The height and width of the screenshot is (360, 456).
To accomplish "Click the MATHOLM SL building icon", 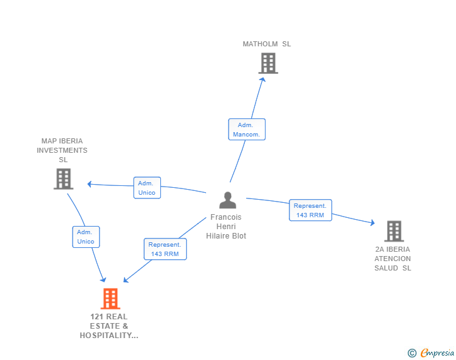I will pos(268,63).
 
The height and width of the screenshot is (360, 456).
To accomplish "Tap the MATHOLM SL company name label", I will pos(267,44).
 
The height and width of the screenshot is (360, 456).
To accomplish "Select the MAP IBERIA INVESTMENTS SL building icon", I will pos(63,179).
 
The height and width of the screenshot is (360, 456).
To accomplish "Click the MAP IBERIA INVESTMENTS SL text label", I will pos(62,150).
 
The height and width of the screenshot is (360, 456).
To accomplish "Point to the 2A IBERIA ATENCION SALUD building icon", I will pos(393,231).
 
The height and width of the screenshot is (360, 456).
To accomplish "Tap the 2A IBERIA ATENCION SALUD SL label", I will pos(393,259).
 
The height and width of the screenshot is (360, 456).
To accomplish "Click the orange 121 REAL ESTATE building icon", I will pos(110,299).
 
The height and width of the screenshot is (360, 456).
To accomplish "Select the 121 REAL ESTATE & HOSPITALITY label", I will pos(109,326).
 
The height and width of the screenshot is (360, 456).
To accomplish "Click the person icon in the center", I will pos(227,200).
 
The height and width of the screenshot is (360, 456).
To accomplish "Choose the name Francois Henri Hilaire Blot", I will pos(226,227).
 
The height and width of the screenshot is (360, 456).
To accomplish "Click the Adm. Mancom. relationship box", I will pos(247,130).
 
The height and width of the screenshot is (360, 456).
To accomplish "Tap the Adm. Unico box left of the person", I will pos(147,188).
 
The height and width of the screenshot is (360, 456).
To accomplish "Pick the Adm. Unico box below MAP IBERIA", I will pos(86,237).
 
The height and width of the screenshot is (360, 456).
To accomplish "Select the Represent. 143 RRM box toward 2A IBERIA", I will pos(310,210).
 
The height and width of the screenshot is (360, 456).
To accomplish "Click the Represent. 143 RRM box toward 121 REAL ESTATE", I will pos(165,249).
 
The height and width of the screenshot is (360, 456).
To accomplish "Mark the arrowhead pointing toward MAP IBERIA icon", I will pos(90,184).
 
